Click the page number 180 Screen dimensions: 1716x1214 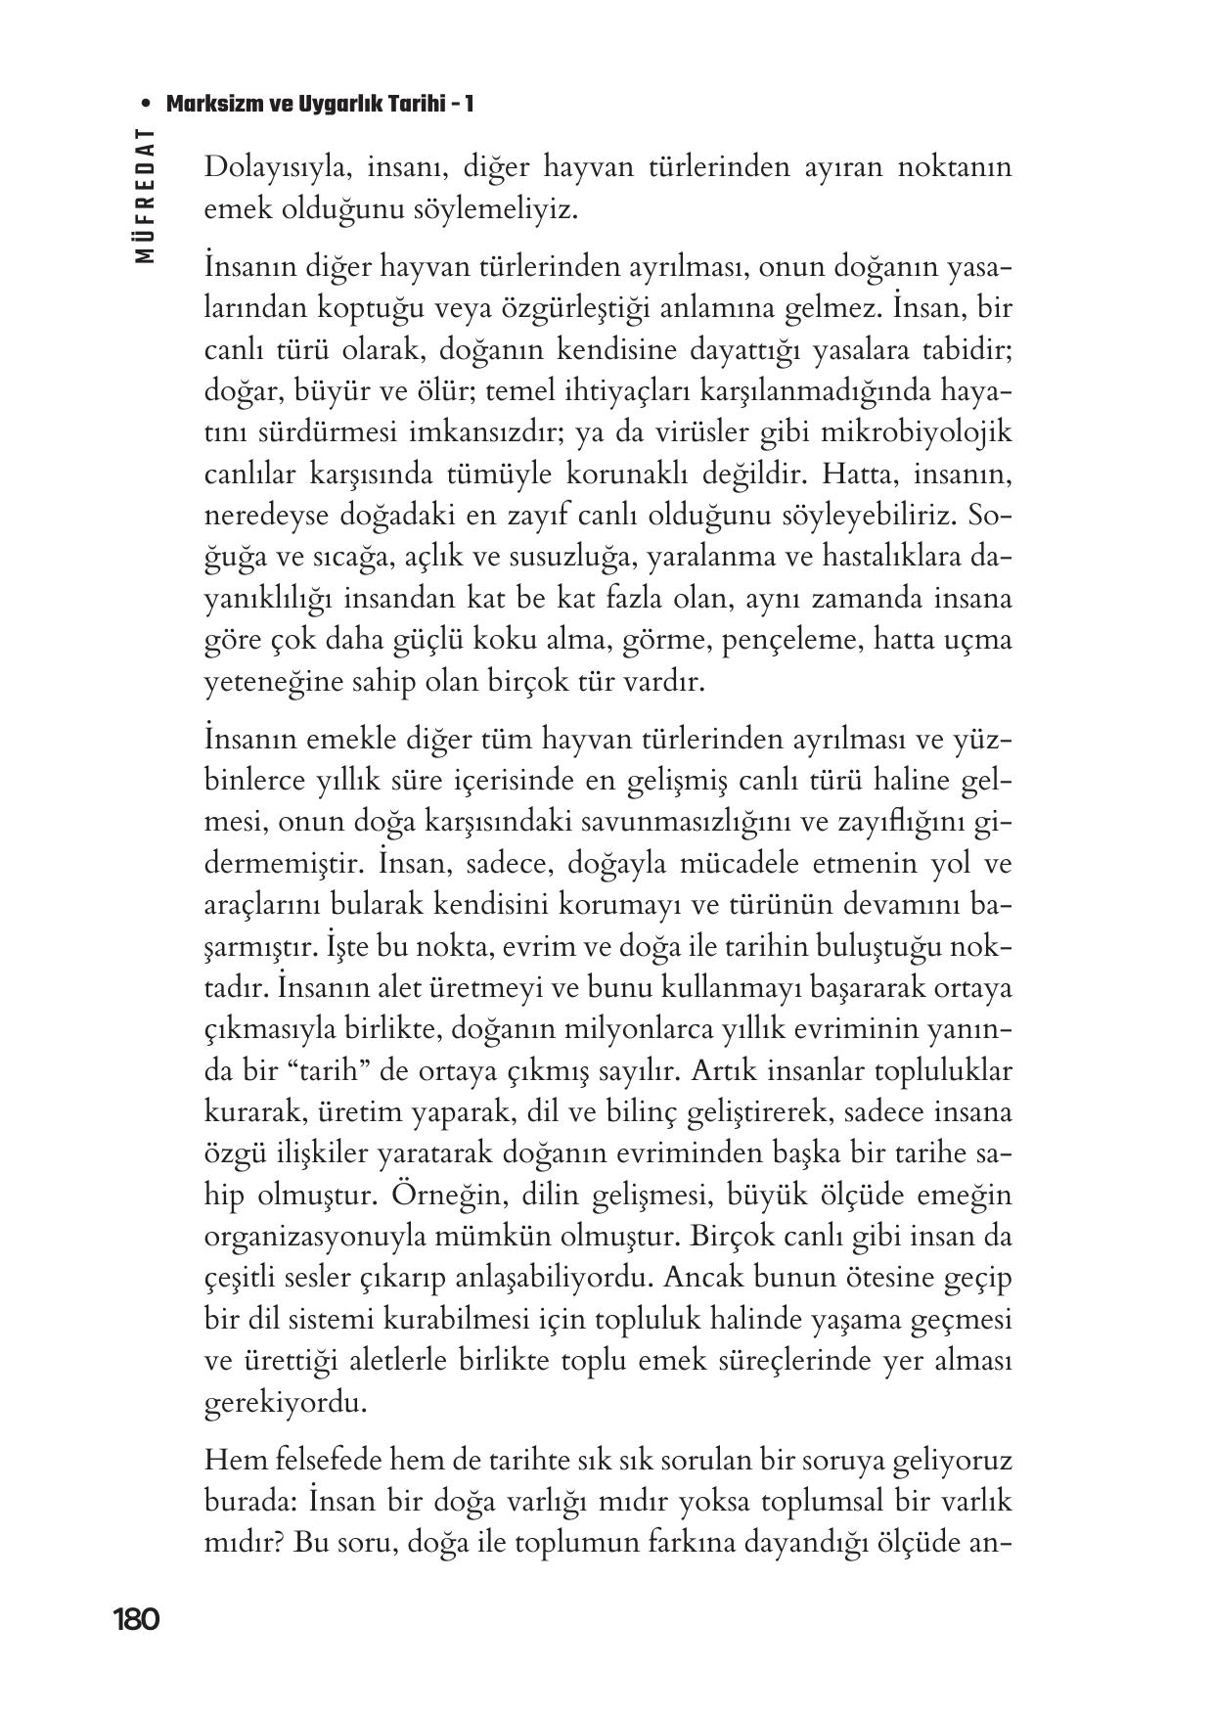click(136, 1620)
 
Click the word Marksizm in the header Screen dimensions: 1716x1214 click(210, 104)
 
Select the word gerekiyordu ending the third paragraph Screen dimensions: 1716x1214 click(272, 1403)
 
